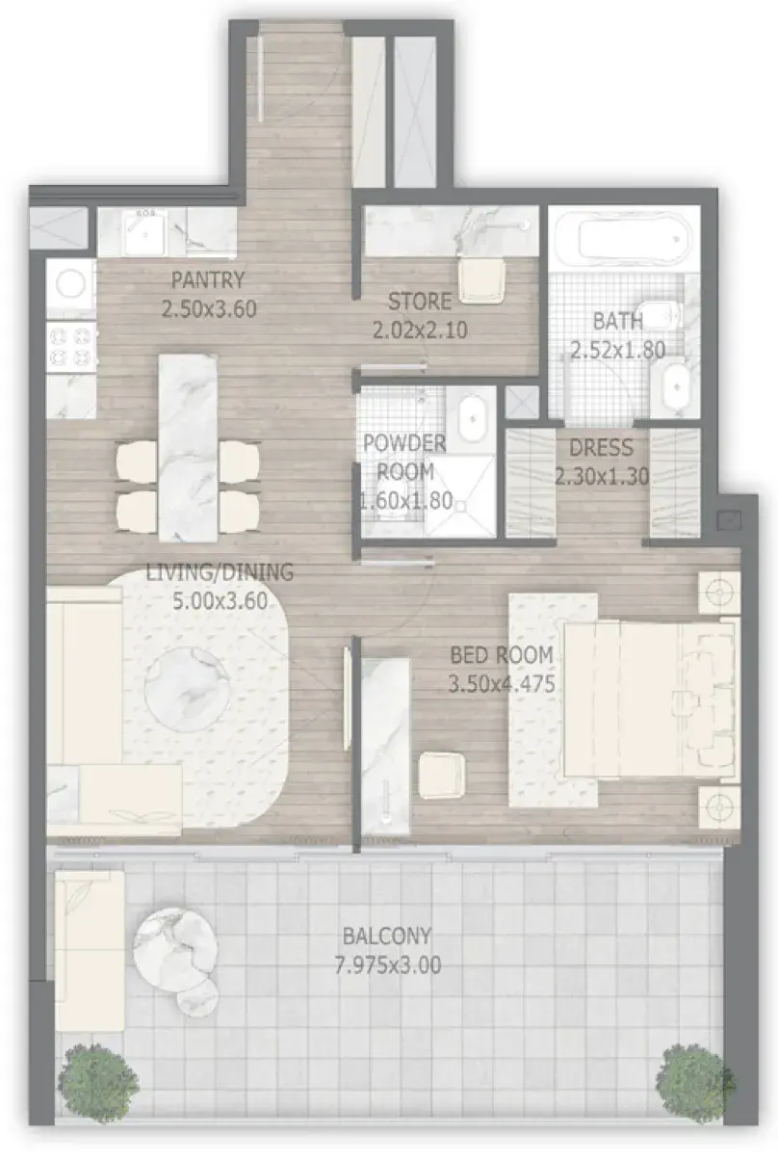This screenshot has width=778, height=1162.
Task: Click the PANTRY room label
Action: click(x=208, y=280)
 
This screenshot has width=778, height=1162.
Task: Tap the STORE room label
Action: click(x=419, y=302)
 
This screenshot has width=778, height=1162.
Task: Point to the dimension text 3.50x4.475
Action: click(x=502, y=684)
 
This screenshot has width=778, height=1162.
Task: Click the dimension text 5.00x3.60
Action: click(x=220, y=600)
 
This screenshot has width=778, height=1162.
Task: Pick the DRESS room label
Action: click(x=601, y=448)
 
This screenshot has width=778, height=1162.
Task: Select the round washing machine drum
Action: click(x=70, y=285)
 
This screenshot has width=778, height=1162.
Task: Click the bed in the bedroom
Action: click(x=648, y=700)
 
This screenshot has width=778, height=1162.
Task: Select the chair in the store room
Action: click(x=481, y=280)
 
